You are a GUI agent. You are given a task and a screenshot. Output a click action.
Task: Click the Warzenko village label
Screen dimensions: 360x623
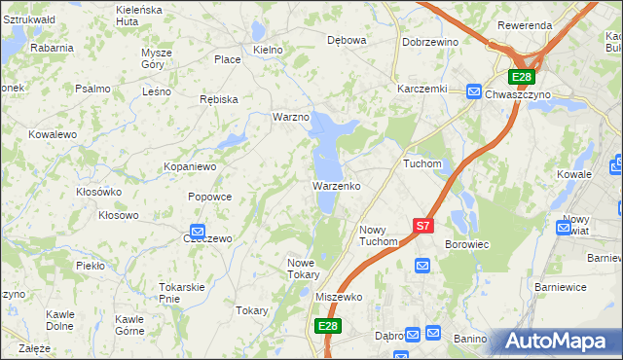[x=337, y=185]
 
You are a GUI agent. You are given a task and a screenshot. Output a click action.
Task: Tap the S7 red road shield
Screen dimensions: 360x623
[x=422, y=226]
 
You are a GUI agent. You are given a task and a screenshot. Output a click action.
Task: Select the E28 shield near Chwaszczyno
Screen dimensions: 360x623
[x=523, y=77]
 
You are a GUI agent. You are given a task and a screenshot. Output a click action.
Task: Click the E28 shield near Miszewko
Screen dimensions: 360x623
[x=327, y=327]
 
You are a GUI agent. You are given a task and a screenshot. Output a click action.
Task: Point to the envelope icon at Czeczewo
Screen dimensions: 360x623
[x=196, y=233]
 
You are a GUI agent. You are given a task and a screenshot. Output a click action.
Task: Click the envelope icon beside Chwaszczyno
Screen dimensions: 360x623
[x=473, y=91]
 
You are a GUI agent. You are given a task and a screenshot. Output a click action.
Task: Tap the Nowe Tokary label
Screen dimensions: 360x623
[x=303, y=269]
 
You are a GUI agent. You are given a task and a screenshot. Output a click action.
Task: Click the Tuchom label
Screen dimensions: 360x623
[x=422, y=164]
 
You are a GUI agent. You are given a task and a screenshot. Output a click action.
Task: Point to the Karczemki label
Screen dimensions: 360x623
[x=421, y=88]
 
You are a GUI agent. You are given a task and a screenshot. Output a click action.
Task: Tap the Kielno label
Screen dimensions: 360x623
[x=267, y=49]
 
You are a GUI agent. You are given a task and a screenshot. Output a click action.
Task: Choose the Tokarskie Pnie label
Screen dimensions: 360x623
[x=181, y=293]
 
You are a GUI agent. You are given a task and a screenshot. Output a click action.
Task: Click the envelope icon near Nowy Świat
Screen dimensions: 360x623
[x=564, y=228]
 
